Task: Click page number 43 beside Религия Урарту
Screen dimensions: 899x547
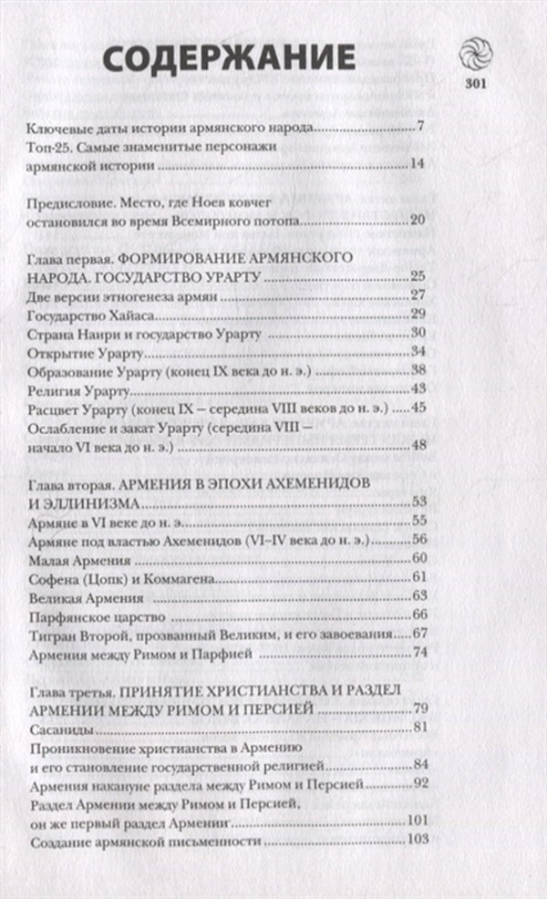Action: pyautogui.click(x=419, y=389)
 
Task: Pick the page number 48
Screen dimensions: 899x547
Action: pyautogui.click(x=419, y=445)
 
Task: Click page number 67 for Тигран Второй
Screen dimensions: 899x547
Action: pyautogui.click(x=419, y=634)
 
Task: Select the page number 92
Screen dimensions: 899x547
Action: pyautogui.click(x=419, y=783)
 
